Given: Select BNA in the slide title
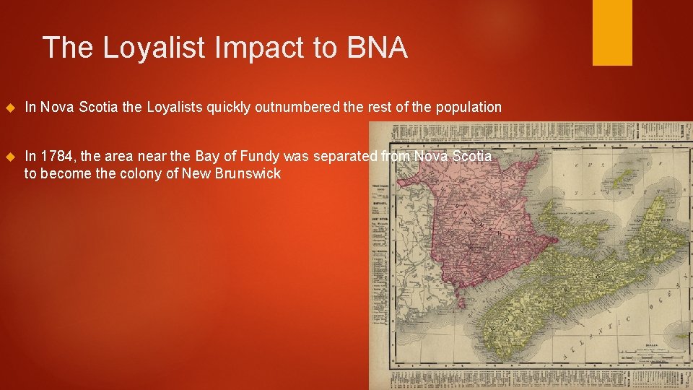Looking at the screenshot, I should coord(377,48).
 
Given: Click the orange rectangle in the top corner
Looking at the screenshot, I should coord(612,32).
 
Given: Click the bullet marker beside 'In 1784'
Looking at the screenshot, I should coord(9,156).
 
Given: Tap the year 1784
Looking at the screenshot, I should coord(56,155).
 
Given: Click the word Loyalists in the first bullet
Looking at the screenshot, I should coord(175,108).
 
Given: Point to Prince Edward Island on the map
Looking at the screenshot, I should coord(577,217).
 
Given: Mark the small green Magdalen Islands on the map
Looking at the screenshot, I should coord(621,177).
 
